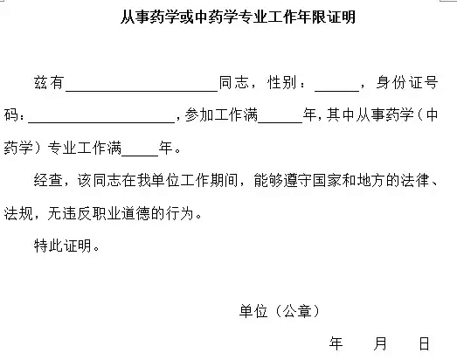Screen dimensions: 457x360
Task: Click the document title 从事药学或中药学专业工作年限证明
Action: (238, 17)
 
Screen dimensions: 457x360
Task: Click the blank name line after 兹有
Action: (142, 91)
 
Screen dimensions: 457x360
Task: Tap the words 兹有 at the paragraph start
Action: (49, 82)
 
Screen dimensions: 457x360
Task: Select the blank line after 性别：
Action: (336, 91)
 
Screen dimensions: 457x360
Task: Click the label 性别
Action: (282, 82)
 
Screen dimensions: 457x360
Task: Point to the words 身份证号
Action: (407, 82)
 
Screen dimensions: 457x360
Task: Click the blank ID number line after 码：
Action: (101, 122)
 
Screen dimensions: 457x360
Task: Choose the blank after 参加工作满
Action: (280, 122)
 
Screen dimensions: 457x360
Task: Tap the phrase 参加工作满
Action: (221, 114)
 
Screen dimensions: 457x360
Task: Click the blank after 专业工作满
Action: (140, 156)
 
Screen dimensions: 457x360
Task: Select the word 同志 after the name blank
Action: (234, 82)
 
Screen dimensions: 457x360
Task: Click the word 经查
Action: (48, 180)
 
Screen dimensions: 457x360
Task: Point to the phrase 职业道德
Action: (121, 213)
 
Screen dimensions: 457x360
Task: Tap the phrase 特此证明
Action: (63, 246)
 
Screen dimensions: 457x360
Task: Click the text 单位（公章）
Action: (280, 311)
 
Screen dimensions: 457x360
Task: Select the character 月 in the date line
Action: (380, 343)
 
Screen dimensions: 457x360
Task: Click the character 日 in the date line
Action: (424, 343)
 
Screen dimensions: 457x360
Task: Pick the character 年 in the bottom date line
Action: (336, 343)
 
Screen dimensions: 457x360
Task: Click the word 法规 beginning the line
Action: (18, 213)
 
